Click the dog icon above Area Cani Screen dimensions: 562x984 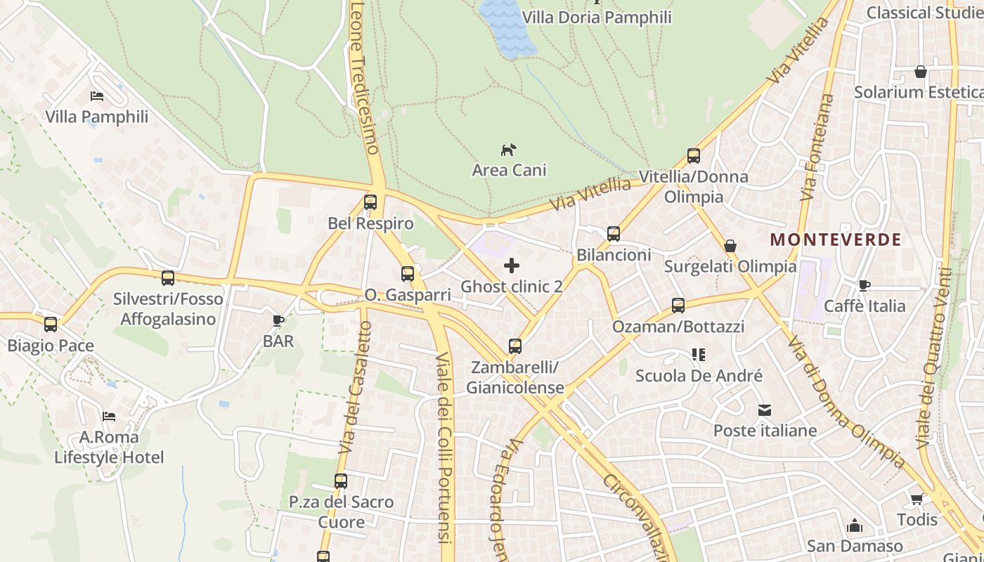tap(508, 149)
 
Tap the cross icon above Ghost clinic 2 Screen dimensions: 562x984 tap(512, 265)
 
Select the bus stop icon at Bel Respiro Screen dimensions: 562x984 tap(370, 202)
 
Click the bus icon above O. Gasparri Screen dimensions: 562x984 tap(408, 274)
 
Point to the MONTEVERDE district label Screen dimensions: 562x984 tap(836, 240)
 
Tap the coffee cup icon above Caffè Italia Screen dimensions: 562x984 tap(865, 285)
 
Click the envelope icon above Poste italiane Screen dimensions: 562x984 tap(765, 410)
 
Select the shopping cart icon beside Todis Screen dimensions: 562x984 tap(917, 499)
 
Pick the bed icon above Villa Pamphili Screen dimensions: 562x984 tap(97, 96)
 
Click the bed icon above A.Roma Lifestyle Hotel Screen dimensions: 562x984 tap(109, 417)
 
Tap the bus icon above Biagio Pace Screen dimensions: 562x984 tap(51, 325)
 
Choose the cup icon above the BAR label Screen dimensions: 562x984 tap(278, 321)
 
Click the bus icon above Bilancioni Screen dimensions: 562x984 tap(614, 234)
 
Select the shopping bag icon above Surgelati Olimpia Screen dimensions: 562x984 tap(730, 246)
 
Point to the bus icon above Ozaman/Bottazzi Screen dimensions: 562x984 tap(678, 306)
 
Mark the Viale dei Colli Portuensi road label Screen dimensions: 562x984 tap(444, 450)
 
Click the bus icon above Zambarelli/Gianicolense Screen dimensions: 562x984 tap(515, 346)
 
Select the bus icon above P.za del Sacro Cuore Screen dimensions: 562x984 tap(341, 481)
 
